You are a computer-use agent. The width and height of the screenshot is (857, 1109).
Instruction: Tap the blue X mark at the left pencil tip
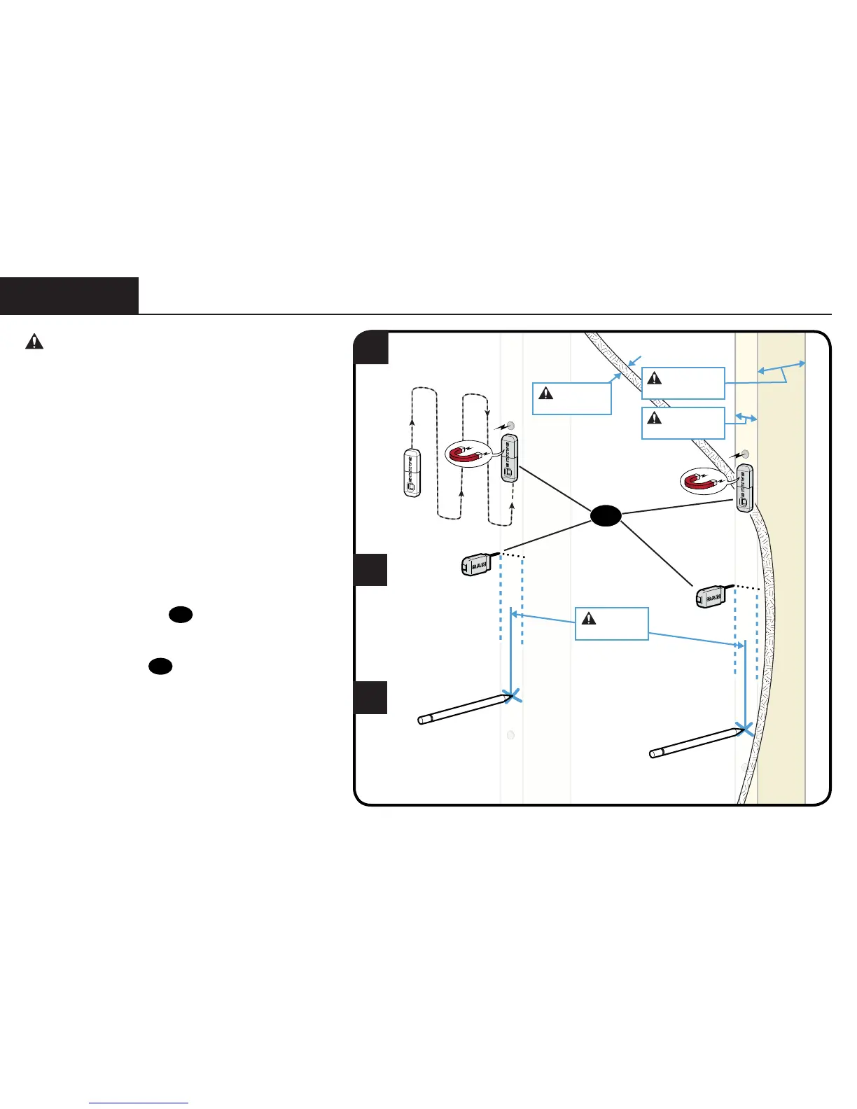(x=513, y=695)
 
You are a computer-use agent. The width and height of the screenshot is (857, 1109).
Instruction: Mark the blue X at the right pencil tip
(x=745, y=729)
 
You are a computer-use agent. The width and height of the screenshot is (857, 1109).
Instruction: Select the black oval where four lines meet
(x=606, y=516)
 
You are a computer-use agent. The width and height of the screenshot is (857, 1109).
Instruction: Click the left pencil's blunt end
(x=422, y=720)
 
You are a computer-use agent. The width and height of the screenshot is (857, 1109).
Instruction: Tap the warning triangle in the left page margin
(x=34, y=342)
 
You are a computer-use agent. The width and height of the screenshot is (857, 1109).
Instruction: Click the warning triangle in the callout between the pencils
(x=589, y=618)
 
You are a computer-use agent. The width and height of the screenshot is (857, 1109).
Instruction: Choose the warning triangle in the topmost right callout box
(x=654, y=378)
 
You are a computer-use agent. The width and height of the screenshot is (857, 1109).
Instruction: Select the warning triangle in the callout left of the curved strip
(x=545, y=393)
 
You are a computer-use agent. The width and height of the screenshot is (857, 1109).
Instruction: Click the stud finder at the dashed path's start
(x=412, y=473)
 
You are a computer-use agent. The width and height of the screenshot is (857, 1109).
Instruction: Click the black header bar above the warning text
(x=69, y=295)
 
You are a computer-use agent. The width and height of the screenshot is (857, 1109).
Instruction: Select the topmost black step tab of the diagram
(x=371, y=348)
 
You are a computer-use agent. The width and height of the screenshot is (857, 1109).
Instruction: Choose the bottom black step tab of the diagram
(x=370, y=697)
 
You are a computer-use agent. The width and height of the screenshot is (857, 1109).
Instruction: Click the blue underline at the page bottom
(x=139, y=1103)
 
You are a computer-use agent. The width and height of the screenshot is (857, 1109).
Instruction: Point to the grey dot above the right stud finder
(x=746, y=454)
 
